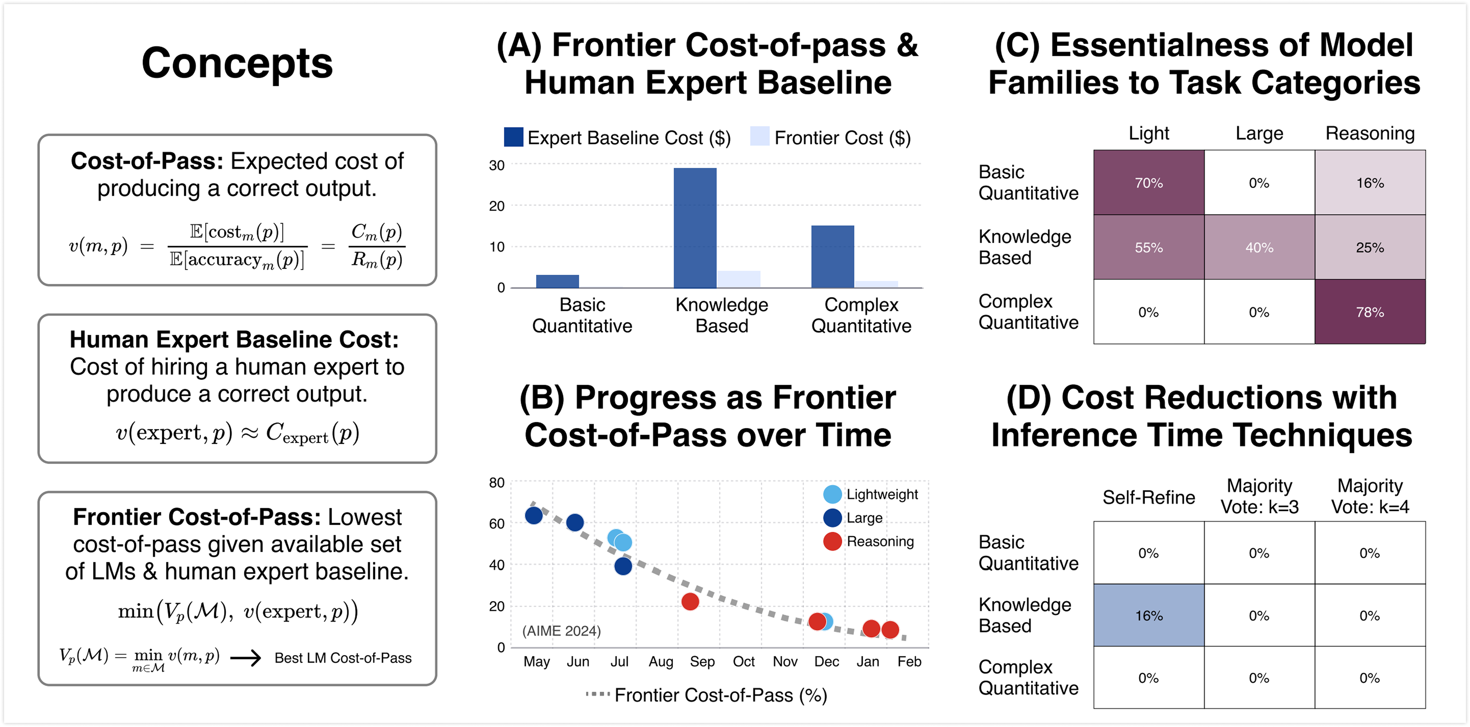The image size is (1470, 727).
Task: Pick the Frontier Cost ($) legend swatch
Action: tap(759, 137)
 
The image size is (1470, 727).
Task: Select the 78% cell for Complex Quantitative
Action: tap(1370, 312)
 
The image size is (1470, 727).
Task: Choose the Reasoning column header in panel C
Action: tap(1370, 133)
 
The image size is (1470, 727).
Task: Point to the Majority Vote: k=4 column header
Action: tap(1370, 496)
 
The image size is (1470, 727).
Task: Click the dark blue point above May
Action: tap(534, 515)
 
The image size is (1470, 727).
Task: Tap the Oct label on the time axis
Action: tap(744, 661)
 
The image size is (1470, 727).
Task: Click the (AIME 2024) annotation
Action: tap(561, 631)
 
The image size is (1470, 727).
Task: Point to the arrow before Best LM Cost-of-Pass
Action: tap(245, 658)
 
